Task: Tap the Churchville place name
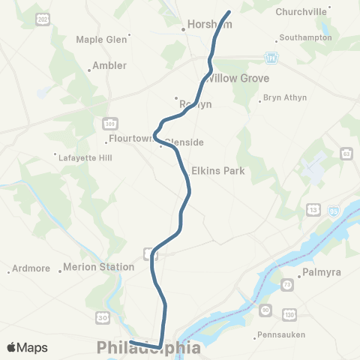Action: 302,11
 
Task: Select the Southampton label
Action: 305,37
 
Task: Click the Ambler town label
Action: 109,66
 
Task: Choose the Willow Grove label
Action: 237,78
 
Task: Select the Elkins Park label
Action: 218,171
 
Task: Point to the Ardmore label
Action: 32,268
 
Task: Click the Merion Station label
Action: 98,267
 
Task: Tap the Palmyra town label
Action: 320,272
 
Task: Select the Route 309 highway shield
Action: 106,122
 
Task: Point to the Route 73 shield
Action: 288,286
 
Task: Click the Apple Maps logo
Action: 26,348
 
